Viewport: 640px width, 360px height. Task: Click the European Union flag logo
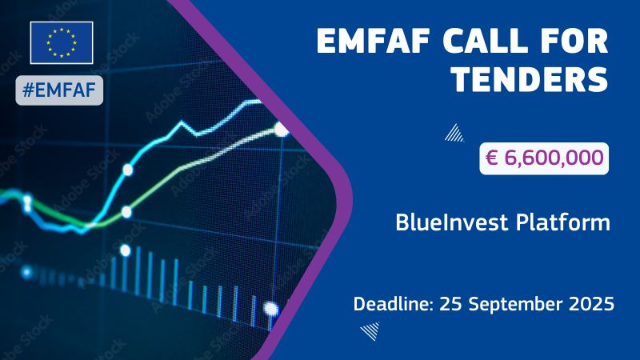62,42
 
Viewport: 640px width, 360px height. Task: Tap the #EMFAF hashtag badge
61,90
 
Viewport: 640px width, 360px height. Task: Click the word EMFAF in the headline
374,40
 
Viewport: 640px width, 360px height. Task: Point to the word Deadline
390,304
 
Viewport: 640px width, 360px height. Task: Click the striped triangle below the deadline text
370,332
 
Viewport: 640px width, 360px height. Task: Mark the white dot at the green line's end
281,128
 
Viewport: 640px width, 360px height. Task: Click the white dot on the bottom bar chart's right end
271,308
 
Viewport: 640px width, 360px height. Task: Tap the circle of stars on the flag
62,42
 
